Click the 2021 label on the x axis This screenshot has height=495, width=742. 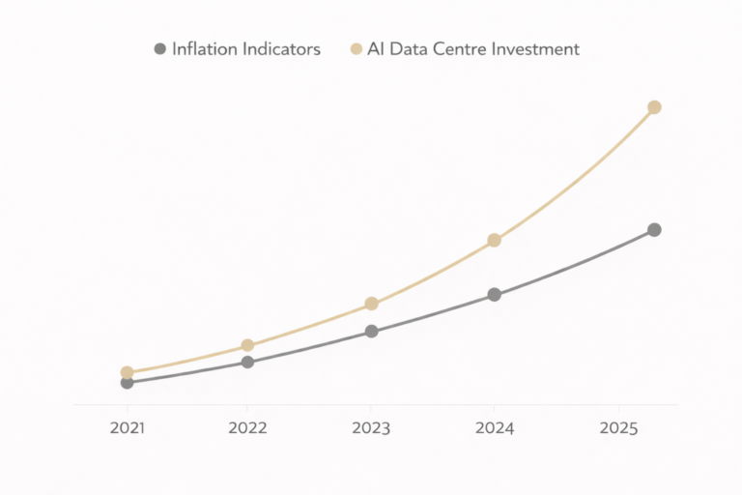tap(127, 427)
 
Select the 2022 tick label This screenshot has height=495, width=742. tap(247, 427)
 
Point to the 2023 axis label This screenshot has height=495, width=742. tap(371, 427)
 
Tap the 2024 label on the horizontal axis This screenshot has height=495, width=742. tap(494, 427)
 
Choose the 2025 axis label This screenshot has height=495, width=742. tap(618, 427)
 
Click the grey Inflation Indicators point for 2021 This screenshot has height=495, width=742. tap(127, 383)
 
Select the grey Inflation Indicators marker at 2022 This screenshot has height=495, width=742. tap(247, 362)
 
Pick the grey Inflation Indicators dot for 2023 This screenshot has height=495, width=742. tap(371, 332)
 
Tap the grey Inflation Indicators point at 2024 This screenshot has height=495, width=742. tap(494, 295)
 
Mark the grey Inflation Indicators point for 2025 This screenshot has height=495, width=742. tap(654, 230)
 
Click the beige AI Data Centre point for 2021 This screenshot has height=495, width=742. tap(127, 372)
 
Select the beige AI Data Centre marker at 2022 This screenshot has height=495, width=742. tap(247, 345)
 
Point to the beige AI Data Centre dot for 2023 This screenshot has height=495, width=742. tap(371, 304)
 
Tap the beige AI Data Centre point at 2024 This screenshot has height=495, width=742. tap(494, 240)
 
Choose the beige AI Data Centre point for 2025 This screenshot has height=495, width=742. tap(654, 107)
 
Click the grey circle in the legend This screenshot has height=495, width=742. tap(159, 48)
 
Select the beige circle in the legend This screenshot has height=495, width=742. tap(356, 48)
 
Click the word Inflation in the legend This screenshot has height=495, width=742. tap(204, 48)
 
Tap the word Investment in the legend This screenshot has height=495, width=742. tap(535, 48)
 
